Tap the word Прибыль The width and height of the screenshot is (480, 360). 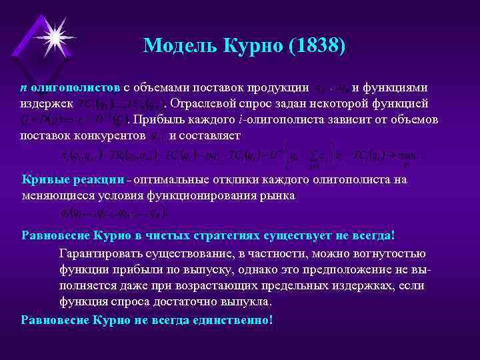click(x=162, y=119)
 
